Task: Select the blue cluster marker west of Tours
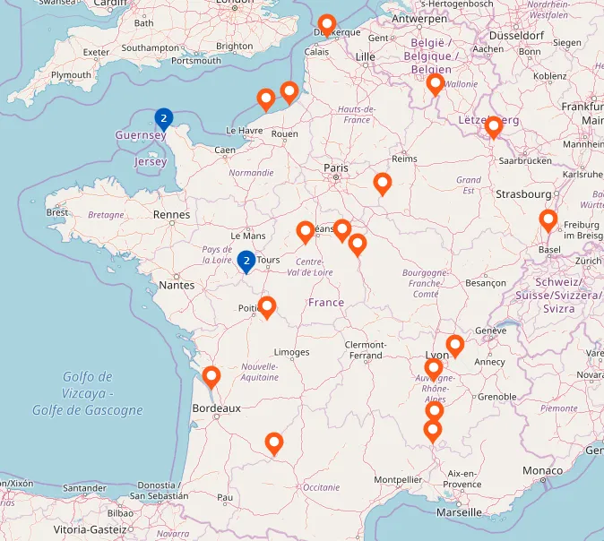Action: [x=246, y=261]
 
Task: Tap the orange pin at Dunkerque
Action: [x=327, y=25]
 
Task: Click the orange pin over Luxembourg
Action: [x=494, y=127]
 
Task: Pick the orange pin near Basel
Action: [x=548, y=219]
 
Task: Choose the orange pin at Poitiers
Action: [x=266, y=307]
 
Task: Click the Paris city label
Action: [x=336, y=167]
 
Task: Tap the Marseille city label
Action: [x=459, y=512]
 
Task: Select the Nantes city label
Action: [x=177, y=285]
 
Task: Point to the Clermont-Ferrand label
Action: [x=365, y=350]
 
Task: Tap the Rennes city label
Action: [x=171, y=215]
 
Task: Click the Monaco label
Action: [x=543, y=470]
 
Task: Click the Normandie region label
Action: [x=251, y=173]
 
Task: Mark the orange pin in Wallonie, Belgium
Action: [x=436, y=84]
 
